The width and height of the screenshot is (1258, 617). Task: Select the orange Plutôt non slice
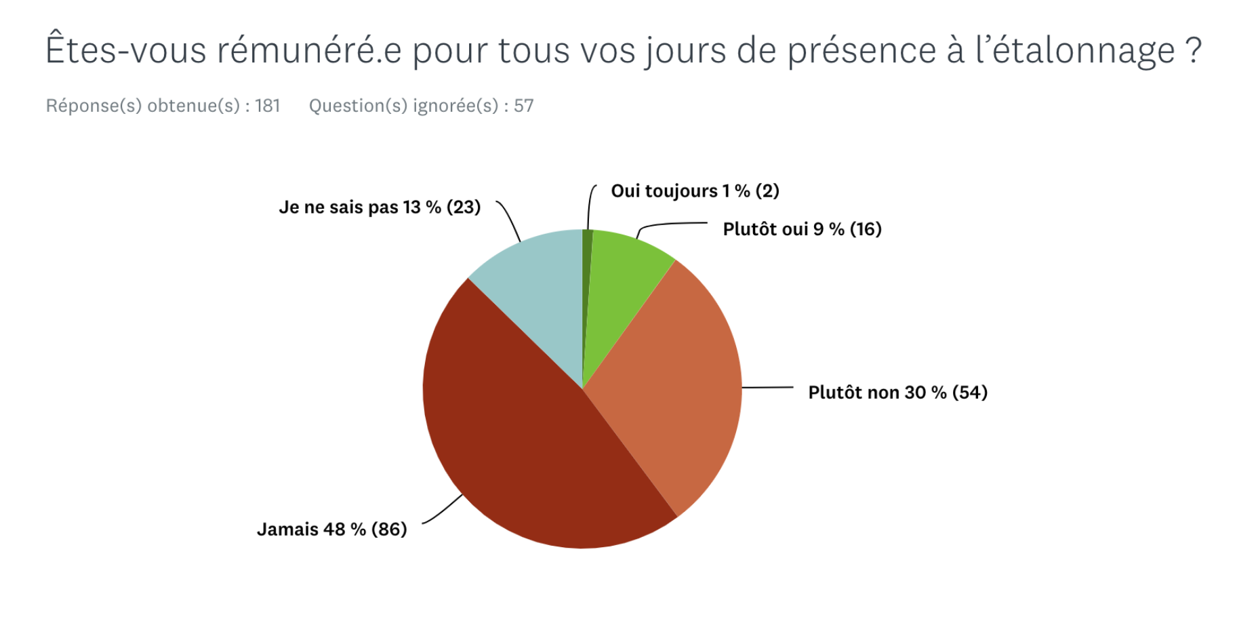tap(671, 386)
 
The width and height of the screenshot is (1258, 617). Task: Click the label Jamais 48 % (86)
tap(331, 529)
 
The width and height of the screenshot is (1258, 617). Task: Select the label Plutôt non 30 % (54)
tap(897, 393)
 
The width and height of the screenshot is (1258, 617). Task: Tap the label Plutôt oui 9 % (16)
tap(802, 229)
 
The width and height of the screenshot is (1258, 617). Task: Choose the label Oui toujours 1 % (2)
tap(695, 191)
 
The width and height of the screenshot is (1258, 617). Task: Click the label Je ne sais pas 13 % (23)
tap(380, 207)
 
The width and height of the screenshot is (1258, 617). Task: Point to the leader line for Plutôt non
tap(767, 388)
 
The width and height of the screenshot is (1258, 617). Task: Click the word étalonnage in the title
tap(1075, 51)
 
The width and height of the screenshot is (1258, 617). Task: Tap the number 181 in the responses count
tap(267, 106)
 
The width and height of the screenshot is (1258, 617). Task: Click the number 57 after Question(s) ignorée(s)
tap(523, 106)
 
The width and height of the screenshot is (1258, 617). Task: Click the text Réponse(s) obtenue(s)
tap(143, 106)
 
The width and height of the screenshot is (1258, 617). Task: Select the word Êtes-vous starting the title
tap(125, 51)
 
